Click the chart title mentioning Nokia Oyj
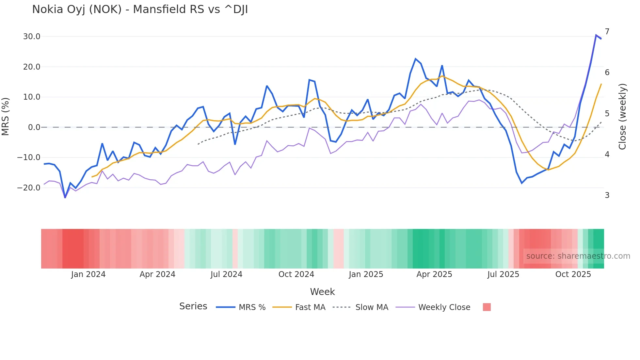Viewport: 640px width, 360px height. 140,9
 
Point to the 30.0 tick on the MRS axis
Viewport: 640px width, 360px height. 32,37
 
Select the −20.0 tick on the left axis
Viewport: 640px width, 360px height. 29,188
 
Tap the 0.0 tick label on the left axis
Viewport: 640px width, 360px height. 34,127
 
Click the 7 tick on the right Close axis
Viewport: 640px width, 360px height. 607,32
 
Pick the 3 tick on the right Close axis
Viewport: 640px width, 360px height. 607,195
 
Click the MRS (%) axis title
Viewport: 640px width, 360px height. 6,116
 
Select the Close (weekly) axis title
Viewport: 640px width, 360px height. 622,116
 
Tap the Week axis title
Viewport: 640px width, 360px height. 322,292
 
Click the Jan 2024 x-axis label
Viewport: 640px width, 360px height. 88,274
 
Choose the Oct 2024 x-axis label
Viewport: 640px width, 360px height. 296,274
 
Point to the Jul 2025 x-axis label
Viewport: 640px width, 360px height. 503,274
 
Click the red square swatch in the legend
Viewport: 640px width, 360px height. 487,307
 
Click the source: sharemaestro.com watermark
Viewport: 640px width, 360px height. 578,256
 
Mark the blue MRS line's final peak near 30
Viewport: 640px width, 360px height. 596,35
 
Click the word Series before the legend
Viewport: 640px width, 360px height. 193,306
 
